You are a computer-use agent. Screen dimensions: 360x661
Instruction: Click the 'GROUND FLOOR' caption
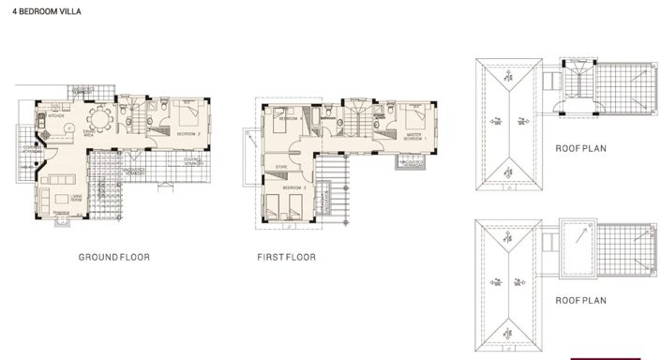point(114,257)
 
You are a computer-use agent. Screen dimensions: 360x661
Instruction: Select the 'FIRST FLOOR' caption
point(287,257)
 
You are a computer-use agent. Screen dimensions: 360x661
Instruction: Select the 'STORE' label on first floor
point(279,168)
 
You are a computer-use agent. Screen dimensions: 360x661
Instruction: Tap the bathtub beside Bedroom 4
point(329,119)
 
